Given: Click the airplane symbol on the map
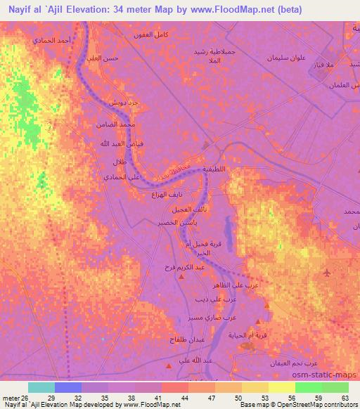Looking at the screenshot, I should pos(328,272).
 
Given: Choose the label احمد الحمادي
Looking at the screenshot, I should pos(52,41).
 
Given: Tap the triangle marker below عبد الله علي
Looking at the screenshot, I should pos(169,366).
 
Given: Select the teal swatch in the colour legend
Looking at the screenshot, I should pos(41,387).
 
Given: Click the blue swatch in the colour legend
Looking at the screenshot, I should pos(67,387).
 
